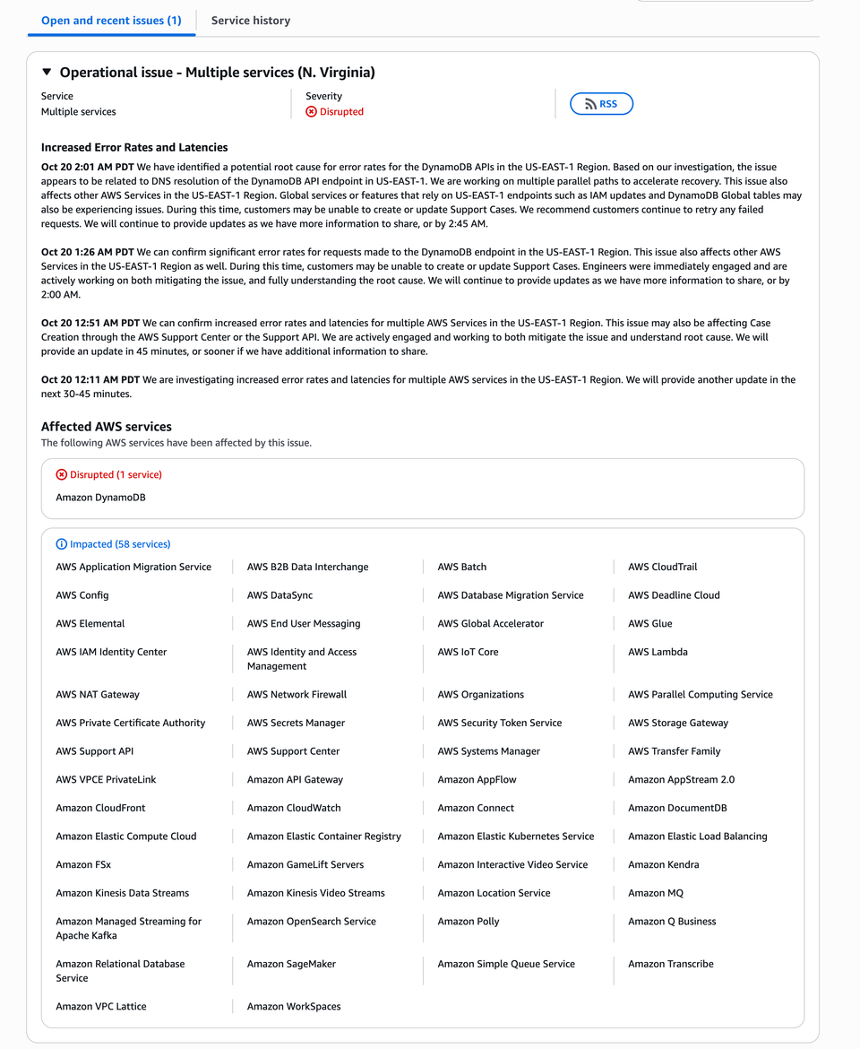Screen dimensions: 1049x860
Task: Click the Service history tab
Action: pos(251,21)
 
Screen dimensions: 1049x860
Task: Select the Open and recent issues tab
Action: pos(111,21)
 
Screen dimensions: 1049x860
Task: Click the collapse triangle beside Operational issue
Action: pos(47,73)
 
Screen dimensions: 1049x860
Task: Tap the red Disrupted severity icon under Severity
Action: pos(312,112)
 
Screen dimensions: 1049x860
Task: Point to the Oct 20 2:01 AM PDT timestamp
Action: pos(88,168)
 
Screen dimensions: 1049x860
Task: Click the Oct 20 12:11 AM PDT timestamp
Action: pos(90,380)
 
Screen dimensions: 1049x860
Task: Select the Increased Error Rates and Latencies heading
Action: pos(134,148)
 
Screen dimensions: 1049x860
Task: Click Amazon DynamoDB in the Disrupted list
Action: pos(100,498)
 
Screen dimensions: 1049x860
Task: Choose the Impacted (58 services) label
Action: pos(120,544)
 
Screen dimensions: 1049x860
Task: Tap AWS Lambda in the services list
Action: pos(658,652)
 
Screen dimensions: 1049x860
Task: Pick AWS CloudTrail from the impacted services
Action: pos(662,567)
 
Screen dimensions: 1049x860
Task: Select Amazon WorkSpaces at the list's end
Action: pos(294,1007)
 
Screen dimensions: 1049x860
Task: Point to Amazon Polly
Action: pos(469,922)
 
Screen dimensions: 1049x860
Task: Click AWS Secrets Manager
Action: pos(296,723)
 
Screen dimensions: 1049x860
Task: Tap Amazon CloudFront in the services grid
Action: pos(100,808)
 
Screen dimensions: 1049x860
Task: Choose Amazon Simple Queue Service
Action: pos(506,964)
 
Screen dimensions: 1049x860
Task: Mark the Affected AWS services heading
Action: pos(107,427)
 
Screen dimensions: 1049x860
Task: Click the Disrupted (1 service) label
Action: pos(116,475)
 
